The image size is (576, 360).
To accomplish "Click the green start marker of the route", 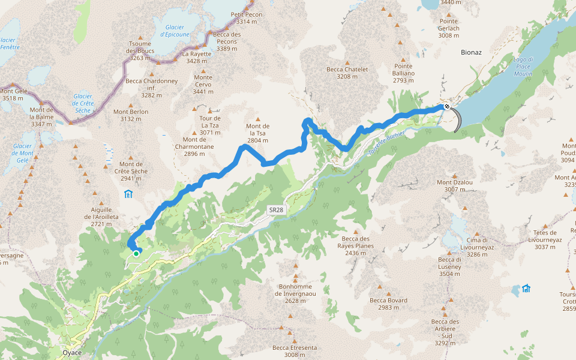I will tap(136, 254).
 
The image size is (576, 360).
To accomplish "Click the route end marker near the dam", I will tap(446, 107).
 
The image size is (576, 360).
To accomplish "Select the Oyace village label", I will tap(73, 353).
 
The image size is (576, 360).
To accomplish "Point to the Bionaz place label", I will tap(471, 52).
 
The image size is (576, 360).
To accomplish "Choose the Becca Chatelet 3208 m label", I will tap(347, 73).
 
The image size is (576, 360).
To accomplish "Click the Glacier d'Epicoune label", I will tap(175, 31).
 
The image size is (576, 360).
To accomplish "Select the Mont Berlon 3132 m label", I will tap(131, 115).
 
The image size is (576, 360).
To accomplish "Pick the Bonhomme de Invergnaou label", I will tap(295, 293).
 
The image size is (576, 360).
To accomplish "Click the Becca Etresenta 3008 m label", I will tap(295, 352).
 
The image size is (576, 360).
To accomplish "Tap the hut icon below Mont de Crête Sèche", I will tap(128, 194).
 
